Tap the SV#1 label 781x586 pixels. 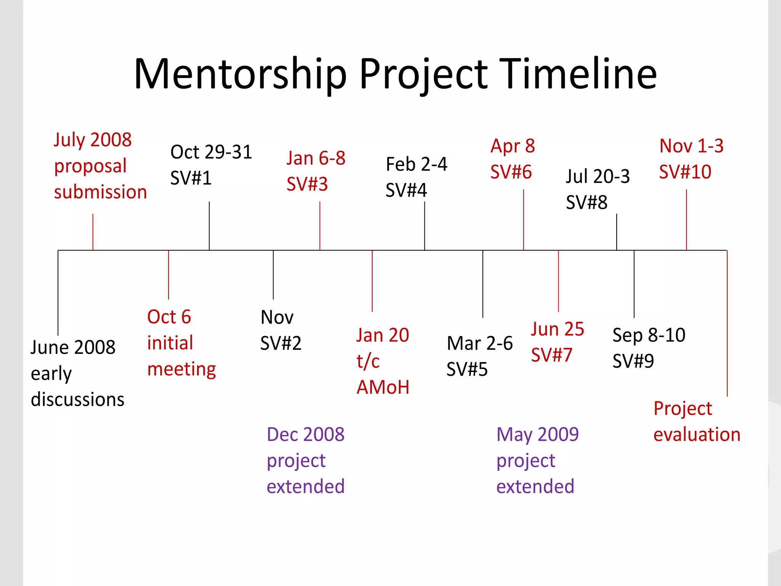[191, 178]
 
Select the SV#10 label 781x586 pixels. [685, 172]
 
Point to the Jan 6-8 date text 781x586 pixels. [316, 158]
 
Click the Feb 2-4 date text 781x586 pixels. [416, 164]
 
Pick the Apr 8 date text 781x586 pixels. [513, 146]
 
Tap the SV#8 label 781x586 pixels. [587, 202]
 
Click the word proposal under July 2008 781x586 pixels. [90, 166]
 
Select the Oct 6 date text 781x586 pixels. [169, 317]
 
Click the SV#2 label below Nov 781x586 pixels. [281, 343]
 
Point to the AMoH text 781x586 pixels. [383, 387]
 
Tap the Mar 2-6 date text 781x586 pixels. [479, 343]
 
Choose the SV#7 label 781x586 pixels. [551, 355]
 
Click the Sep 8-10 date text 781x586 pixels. [649, 335]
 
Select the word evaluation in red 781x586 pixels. [697, 435]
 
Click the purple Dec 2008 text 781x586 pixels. [305, 435]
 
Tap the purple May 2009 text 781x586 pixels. [537, 435]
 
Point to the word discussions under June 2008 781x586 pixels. [77, 399]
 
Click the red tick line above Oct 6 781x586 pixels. [169, 275]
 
